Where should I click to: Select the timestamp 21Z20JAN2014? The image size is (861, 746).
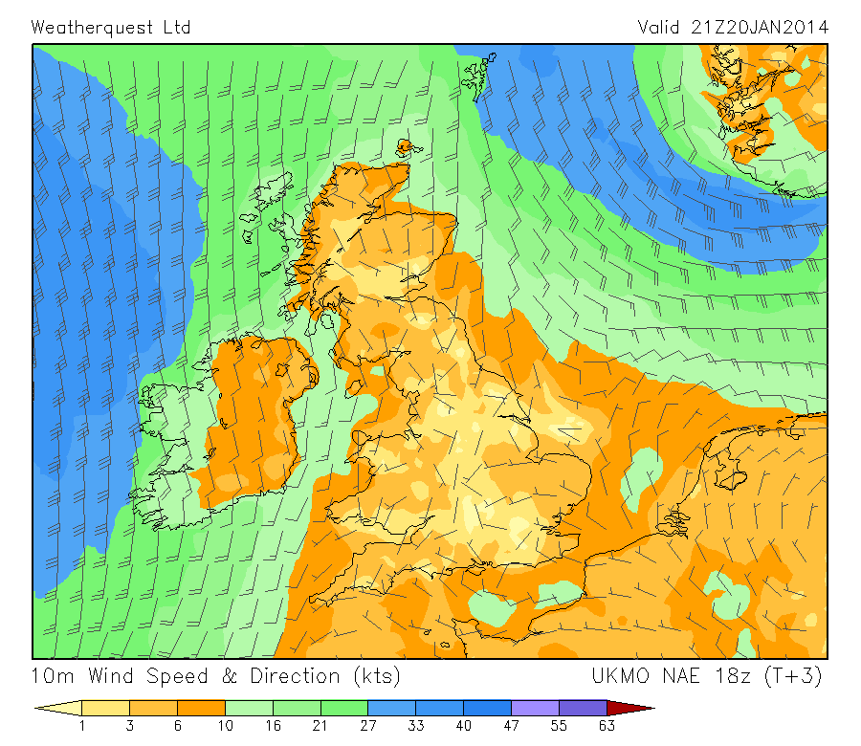click(x=759, y=27)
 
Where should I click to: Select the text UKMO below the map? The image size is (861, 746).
click(x=621, y=676)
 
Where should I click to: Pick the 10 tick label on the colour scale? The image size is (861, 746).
click(x=225, y=726)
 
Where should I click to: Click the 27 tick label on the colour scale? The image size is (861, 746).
click(x=368, y=726)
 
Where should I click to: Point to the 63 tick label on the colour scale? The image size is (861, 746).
click(x=607, y=726)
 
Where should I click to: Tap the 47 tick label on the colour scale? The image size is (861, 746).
click(x=512, y=726)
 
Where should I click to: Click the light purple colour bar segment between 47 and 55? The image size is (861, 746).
click(x=536, y=709)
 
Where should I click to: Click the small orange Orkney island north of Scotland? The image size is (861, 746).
click(x=408, y=146)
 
